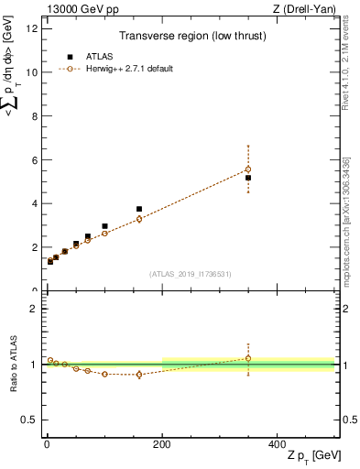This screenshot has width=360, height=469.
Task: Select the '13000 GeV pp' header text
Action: click(x=78, y=8)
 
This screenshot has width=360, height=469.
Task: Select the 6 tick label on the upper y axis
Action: click(x=33, y=159)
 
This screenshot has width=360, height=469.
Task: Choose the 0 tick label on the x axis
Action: click(x=45, y=443)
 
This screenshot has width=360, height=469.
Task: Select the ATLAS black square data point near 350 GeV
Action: click(x=248, y=178)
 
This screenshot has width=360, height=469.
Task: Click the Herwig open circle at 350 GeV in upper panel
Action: click(x=248, y=169)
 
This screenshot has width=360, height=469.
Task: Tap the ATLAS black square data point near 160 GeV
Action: click(x=139, y=209)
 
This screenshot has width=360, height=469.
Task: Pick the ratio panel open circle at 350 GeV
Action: click(x=248, y=358)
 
